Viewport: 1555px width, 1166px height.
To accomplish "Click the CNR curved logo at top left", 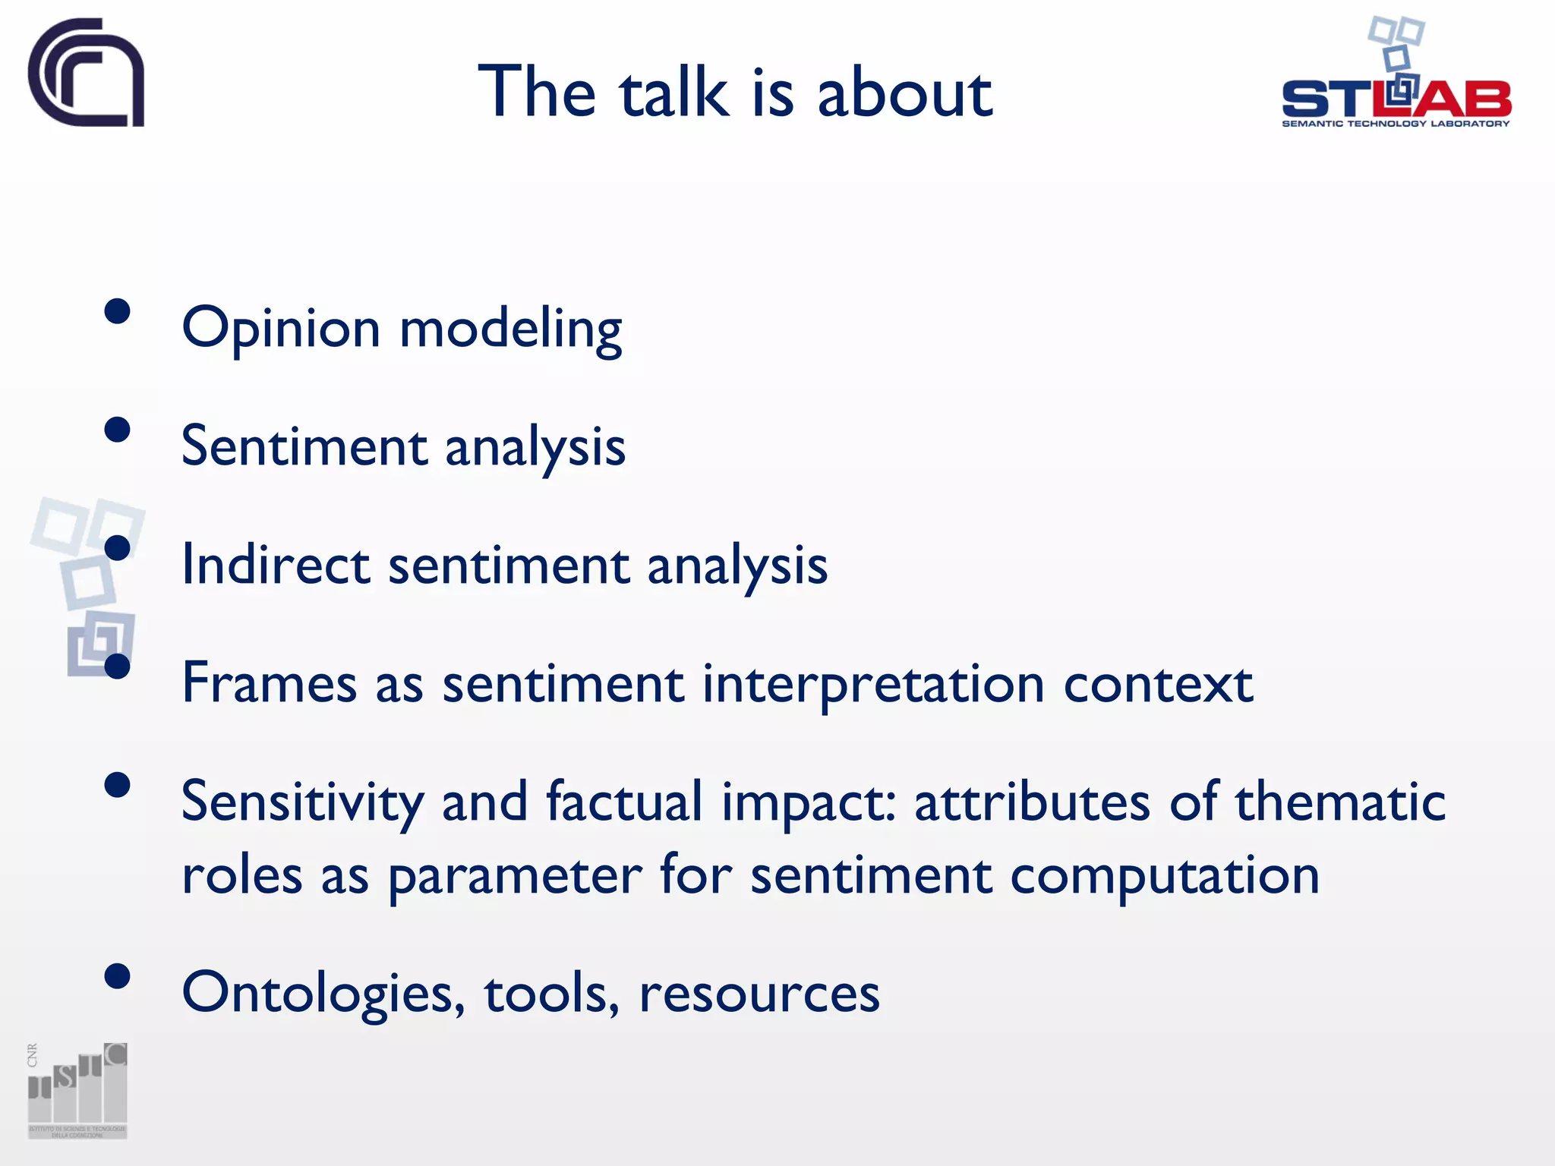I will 86,73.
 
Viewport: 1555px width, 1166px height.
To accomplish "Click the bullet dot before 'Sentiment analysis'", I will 118,430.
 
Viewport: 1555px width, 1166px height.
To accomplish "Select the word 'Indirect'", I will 276,566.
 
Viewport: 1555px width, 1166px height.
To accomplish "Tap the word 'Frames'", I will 269,683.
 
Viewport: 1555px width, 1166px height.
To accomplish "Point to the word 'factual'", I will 624,802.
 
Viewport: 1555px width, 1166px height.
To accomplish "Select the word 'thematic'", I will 1340,802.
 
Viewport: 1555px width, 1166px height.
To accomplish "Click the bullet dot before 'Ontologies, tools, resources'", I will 118,976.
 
